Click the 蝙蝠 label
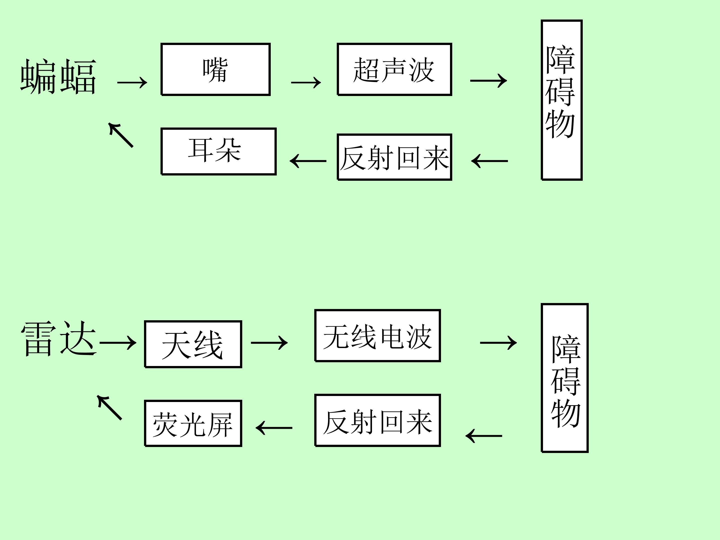click(x=58, y=77)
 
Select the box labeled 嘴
click(x=215, y=69)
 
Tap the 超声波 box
click(x=394, y=69)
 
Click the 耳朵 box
click(x=218, y=151)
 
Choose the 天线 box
click(x=193, y=344)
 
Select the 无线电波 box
click(x=377, y=335)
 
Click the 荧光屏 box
click(x=193, y=423)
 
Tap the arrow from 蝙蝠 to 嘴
click(x=132, y=82)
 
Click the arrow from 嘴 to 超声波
click(x=306, y=82)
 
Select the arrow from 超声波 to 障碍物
click(x=488, y=80)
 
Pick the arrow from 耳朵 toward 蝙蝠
click(x=121, y=135)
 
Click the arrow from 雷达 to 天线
click(x=118, y=343)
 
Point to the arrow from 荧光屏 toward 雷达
click(x=110, y=407)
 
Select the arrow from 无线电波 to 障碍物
click(x=498, y=342)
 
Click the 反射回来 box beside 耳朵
click(x=394, y=157)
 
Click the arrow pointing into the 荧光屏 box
click(x=274, y=428)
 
